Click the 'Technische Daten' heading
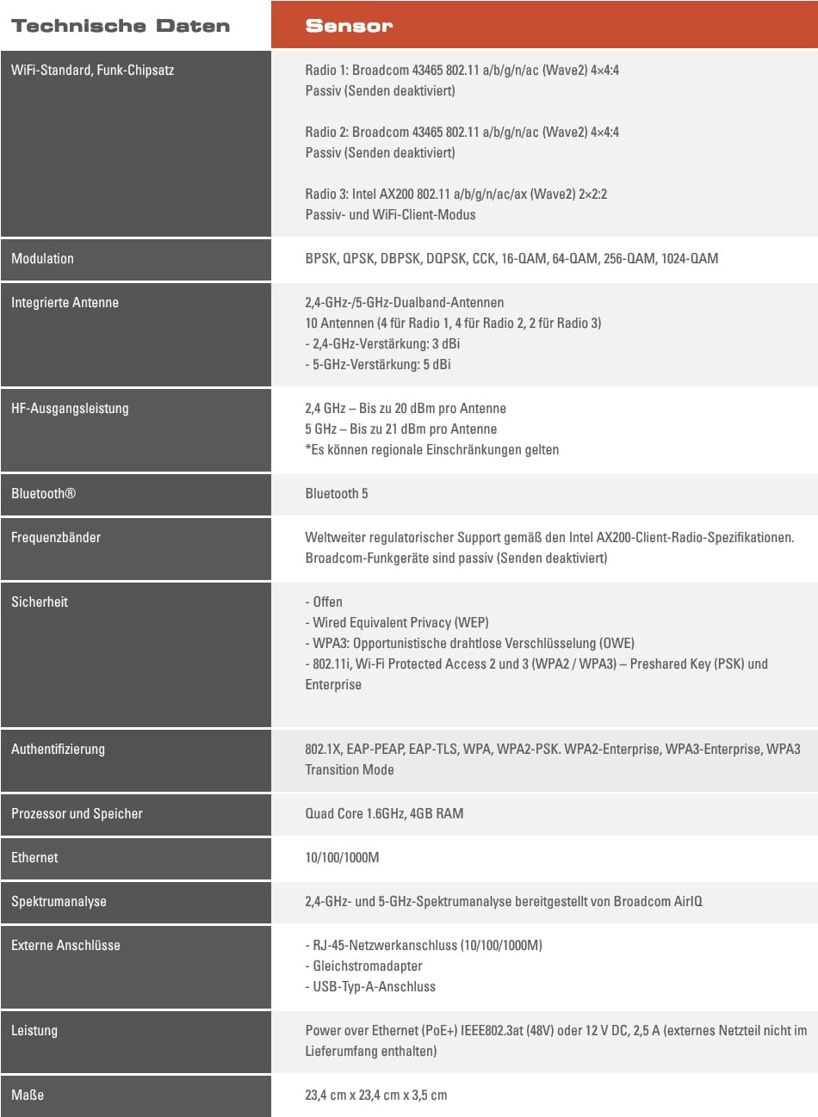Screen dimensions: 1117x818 click(x=121, y=26)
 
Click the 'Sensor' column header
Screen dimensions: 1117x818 click(x=349, y=26)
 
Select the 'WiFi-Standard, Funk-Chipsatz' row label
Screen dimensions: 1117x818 click(x=92, y=70)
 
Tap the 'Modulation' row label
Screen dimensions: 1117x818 click(x=42, y=258)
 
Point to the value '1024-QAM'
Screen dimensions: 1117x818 click(x=689, y=258)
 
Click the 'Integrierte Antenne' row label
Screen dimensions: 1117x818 click(x=65, y=302)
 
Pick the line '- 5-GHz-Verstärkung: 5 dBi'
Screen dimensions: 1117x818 click(x=378, y=364)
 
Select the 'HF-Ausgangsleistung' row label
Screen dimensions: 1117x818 click(x=70, y=408)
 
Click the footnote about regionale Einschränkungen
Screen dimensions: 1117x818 click(x=431, y=449)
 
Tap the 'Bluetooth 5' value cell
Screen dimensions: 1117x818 click(x=337, y=493)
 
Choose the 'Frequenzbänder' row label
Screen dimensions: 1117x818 click(x=56, y=537)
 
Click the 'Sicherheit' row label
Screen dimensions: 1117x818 click(x=40, y=602)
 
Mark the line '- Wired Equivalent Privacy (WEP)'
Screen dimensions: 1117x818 click(x=397, y=622)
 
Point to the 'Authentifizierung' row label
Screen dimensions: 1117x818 click(x=58, y=749)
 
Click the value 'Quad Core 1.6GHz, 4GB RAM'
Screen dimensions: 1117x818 click(x=384, y=813)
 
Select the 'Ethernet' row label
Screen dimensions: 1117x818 click(x=34, y=857)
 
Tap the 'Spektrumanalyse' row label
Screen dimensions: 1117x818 click(x=59, y=901)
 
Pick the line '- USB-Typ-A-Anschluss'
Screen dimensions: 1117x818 click(x=370, y=986)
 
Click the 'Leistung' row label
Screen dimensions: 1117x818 click(x=34, y=1030)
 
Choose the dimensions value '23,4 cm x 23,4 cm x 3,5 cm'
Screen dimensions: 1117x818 click(x=376, y=1095)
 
